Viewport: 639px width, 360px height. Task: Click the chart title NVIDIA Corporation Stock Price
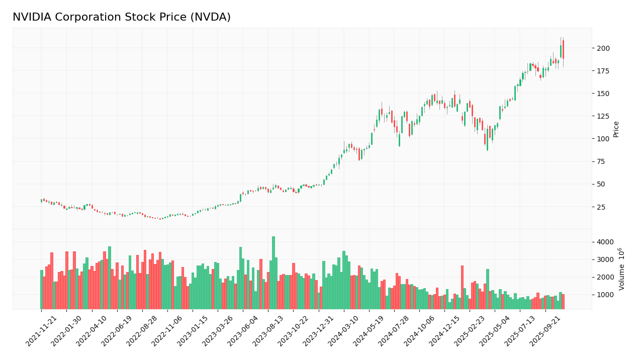pyautogui.click(x=121, y=17)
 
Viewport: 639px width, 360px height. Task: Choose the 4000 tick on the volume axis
pyautogui.click(x=604, y=242)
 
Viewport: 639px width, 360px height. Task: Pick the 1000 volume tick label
pyautogui.click(x=604, y=295)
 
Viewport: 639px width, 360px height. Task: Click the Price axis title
pyautogui.click(x=616, y=129)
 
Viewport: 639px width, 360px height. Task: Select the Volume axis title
pyautogui.click(x=622, y=269)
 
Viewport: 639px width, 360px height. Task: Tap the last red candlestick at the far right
pyautogui.click(x=563, y=49)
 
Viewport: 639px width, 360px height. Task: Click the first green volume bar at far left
pyautogui.click(x=42, y=290)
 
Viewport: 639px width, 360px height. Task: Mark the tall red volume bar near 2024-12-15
pyautogui.click(x=462, y=287)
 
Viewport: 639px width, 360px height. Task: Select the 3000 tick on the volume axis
pyautogui.click(x=604, y=259)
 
